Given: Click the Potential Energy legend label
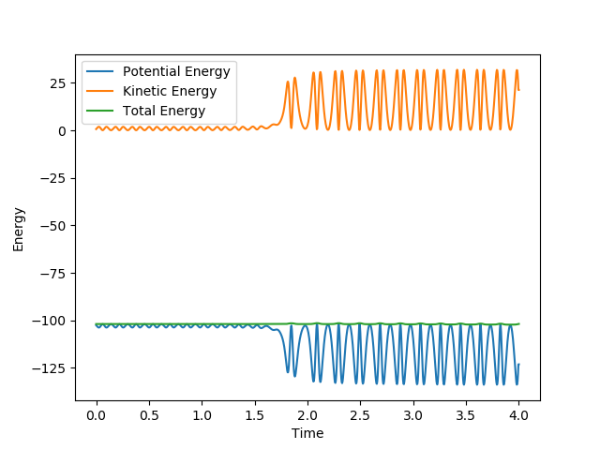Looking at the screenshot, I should (176, 72).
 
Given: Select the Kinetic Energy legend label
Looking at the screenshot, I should (170, 91).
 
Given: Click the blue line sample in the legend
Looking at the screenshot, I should (100, 72).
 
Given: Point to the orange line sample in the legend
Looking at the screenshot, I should (100, 91).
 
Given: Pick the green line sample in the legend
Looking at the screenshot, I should (100, 111).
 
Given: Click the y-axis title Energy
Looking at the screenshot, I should (19, 229).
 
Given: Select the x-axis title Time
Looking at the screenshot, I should (307, 434).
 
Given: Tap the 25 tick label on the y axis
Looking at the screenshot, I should (58, 83).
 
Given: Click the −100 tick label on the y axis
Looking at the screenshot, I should (52, 321).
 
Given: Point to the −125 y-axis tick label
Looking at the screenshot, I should (52, 368).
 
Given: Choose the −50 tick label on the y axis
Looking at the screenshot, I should (55, 226).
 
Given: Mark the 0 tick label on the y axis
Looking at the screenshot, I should (62, 131).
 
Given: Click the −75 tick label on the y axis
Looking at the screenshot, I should (55, 274).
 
